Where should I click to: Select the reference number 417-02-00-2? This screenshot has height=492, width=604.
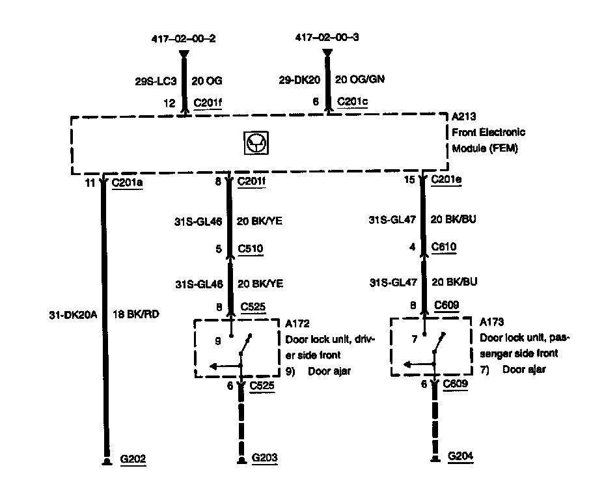184,38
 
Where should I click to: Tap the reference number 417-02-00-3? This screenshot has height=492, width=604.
327,38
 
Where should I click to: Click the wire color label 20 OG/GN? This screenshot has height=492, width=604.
359,79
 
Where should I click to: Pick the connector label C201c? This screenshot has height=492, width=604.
352,102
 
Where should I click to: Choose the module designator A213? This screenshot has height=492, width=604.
464,118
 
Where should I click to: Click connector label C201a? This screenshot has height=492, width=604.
128,183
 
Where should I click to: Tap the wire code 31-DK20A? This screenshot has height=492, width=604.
72,314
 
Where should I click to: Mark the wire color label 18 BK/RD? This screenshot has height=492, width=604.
136,314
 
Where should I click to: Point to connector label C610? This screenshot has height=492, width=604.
445,247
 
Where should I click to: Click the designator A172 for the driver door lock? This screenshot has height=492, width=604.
297,323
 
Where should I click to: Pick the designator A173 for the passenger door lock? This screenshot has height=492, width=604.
492,322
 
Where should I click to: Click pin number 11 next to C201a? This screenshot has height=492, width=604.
90,183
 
